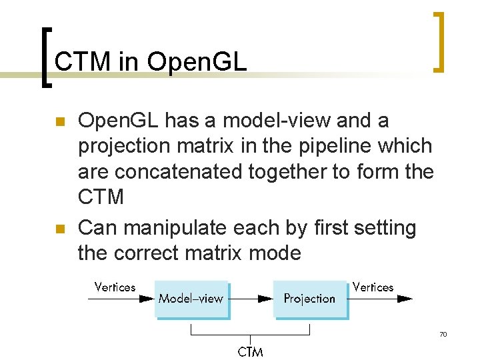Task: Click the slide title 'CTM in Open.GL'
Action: click(151, 62)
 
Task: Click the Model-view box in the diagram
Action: click(191, 299)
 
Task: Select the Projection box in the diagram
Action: click(310, 299)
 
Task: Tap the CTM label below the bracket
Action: click(250, 351)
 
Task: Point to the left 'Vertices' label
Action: click(115, 287)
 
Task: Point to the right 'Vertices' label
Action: click(373, 287)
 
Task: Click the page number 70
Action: click(443, 333)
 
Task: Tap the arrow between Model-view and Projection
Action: click(250, 299)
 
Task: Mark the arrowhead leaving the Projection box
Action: click(405, 299)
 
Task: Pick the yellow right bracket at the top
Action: click(438, 41)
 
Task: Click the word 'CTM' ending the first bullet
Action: click(101, 197)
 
